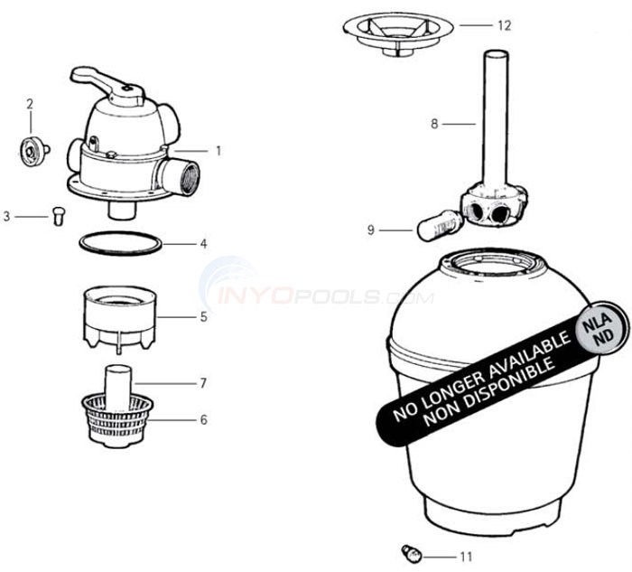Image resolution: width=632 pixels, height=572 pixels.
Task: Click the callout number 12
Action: click(x=504, y=25)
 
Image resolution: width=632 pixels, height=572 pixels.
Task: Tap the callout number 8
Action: click(x=434, y=124)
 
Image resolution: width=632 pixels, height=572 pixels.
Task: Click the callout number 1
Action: click(x=218, y=150)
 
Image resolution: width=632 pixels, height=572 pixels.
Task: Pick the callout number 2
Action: click(x=29, y=104)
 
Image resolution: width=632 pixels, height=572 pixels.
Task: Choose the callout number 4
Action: click(x=204, y=243)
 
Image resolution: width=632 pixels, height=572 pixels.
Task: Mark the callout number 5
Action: click(x=204, y=316)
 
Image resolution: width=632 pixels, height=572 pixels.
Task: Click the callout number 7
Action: click(x=203, y=383)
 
